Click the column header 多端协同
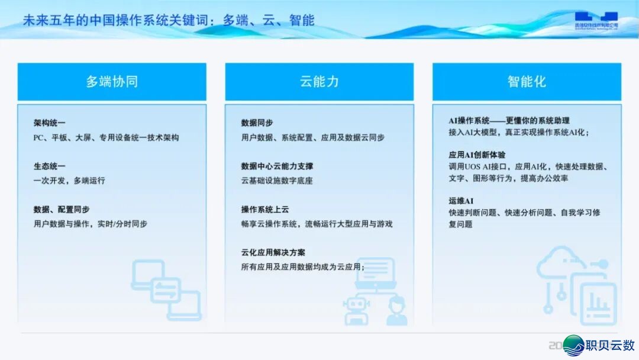click(112, 82)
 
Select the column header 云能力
click(319, 82)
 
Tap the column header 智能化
click(527, 82)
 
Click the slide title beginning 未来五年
click(169, 20)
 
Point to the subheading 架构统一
click(50, 123)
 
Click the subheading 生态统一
click(50, 166)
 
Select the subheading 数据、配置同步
click(62, 210)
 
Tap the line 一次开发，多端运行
click(69, 181)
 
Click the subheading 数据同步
click(257, 123)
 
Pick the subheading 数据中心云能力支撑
click(277, 166)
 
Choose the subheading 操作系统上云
click(265, 210)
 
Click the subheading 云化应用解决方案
click(273, 253)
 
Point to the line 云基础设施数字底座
click(277, 181)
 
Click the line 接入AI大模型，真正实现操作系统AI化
click(518, 132)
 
